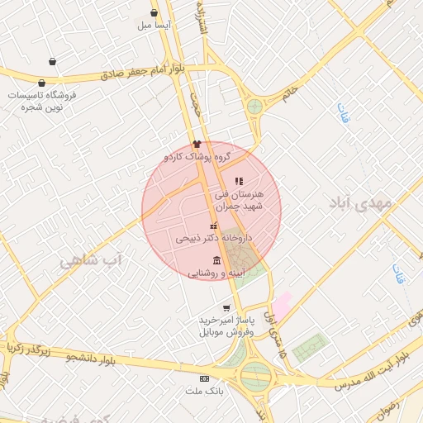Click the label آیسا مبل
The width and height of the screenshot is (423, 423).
155,26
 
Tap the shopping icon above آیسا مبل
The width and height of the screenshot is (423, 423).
154,12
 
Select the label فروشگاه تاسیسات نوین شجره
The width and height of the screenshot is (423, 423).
41,102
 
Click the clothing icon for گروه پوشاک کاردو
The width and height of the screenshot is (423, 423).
196,144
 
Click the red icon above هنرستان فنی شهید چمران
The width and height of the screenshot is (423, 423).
239,181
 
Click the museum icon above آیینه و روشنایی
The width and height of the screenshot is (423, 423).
216,260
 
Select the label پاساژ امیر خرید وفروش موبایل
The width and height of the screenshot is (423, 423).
226,326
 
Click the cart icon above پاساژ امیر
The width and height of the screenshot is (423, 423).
226,308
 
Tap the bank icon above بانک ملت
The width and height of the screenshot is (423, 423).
205,378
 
